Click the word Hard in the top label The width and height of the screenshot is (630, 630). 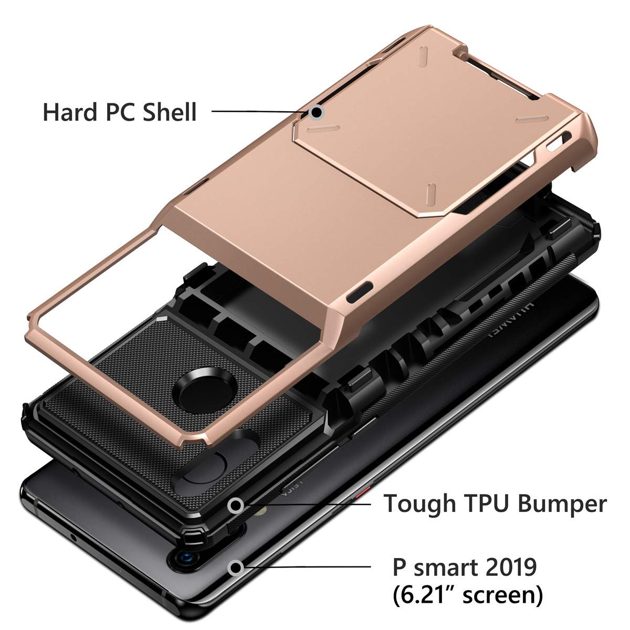click(x=70, y=112)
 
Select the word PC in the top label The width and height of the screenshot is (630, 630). click(x=120, y=112)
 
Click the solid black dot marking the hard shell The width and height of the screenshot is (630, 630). click(x=316, y=112)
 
